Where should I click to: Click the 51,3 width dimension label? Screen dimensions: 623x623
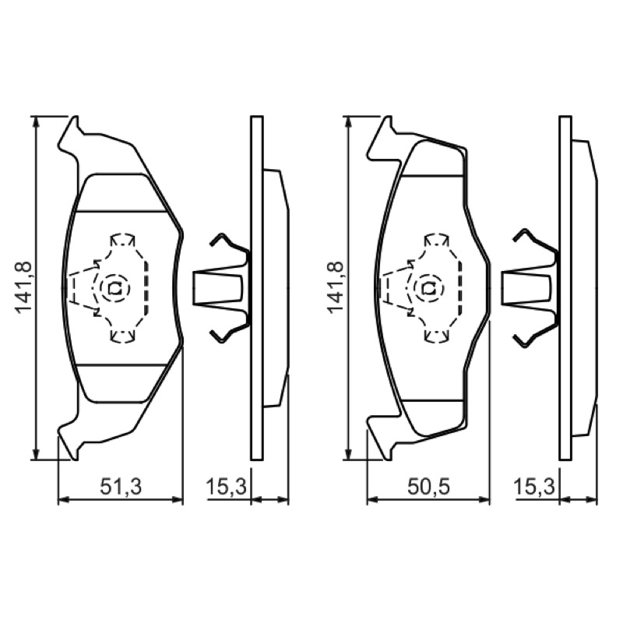click(121, 487)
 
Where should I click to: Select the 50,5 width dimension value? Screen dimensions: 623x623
click(429, 487)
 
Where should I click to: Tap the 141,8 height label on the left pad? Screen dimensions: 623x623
click(24, 287)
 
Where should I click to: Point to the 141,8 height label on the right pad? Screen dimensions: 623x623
click(336, 287)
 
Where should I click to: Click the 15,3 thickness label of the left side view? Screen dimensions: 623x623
click(226, 487)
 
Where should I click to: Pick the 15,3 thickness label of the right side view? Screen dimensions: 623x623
click(534, 487)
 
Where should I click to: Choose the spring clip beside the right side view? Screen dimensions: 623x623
click(530, 288)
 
